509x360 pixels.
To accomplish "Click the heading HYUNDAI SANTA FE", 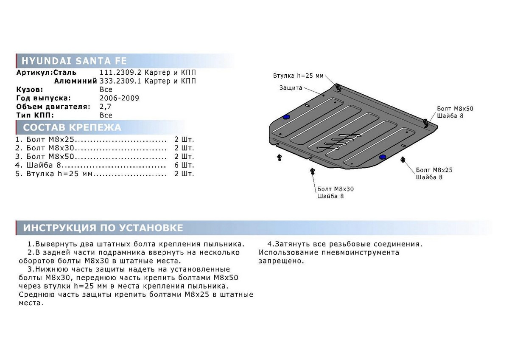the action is coord(74,61).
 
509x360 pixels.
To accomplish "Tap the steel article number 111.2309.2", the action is coord(120,73).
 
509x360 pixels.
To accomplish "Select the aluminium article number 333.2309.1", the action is coord(120,81).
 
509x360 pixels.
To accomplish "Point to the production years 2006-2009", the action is coord(119,98).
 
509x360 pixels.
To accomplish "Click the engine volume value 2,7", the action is coord(105,107).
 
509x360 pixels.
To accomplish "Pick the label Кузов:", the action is coord(30,90).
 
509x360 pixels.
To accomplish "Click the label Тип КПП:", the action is coord(35,115).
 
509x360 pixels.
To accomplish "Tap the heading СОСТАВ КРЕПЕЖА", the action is coord(72,127).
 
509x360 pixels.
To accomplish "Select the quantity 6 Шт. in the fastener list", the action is coord(184,165).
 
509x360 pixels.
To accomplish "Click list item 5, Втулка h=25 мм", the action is coord(59,174).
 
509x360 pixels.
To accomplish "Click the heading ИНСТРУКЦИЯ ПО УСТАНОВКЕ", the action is coord(103,228).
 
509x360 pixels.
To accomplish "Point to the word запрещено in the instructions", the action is coord(281,261).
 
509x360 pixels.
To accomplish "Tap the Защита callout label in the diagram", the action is coord(291,88).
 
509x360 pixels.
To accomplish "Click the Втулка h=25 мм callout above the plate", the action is coord(298,76).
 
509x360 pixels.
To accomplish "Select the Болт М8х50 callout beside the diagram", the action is coord(455,109).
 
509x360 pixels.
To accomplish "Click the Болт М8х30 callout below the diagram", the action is coord(336,189).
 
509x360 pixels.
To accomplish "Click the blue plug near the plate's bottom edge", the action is coord(383,157).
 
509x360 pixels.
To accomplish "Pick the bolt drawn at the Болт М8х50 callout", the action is coord(425,123).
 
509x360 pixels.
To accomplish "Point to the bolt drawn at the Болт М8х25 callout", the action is coord(403,160).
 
